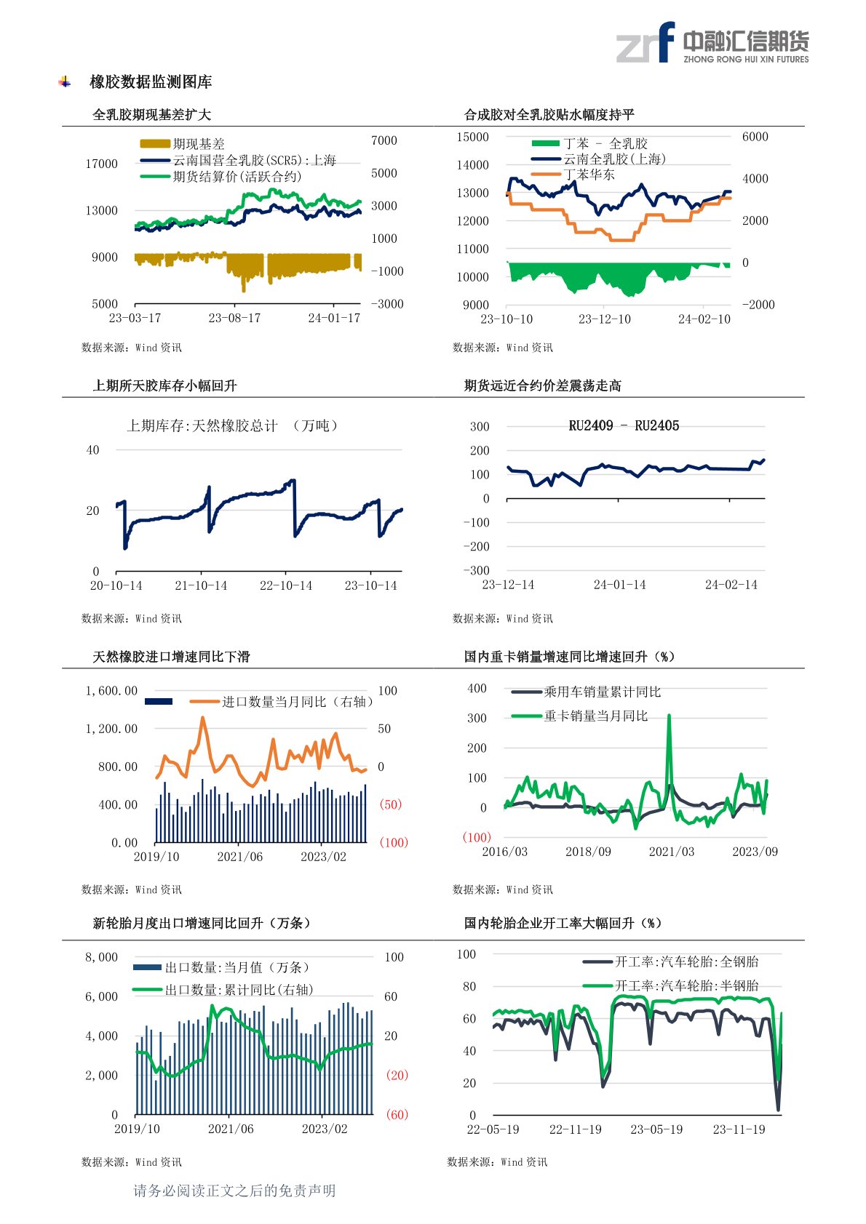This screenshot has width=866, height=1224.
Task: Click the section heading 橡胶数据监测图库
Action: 151,82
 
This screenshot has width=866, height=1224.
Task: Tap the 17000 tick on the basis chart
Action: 101,164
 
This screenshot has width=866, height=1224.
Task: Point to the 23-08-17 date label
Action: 234,319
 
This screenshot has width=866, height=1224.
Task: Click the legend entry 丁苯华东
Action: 589,175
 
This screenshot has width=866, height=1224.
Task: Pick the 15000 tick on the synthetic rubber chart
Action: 472,137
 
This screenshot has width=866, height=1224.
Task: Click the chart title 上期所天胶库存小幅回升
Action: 164,386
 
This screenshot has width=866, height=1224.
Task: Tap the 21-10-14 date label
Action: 201,586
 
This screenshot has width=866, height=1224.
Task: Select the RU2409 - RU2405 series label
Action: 624,426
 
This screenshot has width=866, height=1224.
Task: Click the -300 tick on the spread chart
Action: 477,571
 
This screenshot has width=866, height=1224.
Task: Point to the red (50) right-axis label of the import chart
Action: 390,804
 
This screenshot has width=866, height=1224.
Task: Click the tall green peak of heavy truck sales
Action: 669,717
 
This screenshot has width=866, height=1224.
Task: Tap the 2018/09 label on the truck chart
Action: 588,852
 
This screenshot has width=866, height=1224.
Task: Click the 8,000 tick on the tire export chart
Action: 101,958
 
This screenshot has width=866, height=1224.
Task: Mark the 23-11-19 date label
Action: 739,1130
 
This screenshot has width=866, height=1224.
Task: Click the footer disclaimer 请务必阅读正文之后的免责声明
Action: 234,1191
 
